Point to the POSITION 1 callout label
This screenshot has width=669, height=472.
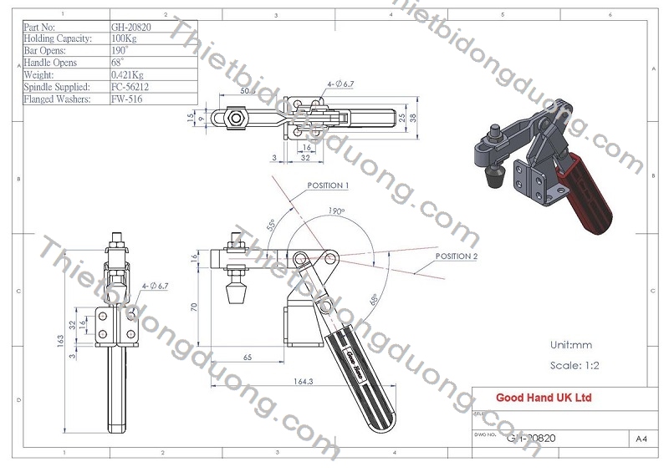[327, 185]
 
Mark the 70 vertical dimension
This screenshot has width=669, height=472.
[195, 307]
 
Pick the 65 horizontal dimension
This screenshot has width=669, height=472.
[248, 356]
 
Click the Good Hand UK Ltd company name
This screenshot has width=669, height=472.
[544, 398]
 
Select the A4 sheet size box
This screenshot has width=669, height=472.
[641, 438]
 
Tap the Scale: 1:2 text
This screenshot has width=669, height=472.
[575, 365]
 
